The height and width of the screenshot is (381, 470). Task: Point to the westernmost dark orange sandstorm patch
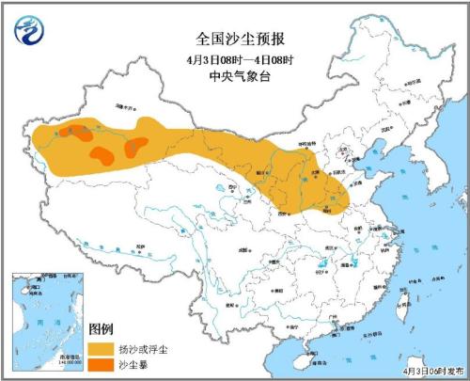click(76, 132)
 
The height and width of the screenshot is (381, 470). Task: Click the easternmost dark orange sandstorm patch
click(136, 145)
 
